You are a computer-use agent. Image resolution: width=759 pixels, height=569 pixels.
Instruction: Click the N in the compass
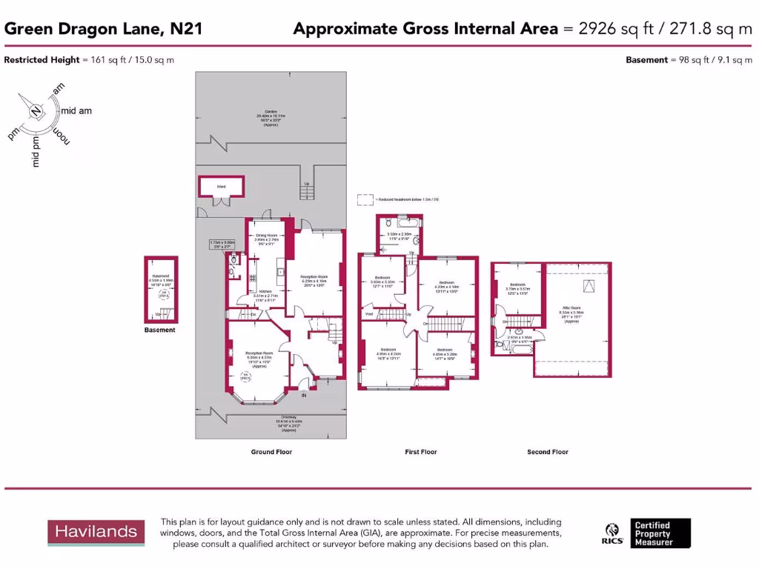coord(36,112)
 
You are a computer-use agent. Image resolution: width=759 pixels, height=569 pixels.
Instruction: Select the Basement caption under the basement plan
coord(160,330)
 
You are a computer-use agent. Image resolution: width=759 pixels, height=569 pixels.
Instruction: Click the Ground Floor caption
coord(272,452)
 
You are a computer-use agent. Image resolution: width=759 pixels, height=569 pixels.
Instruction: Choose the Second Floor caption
coord(548,452)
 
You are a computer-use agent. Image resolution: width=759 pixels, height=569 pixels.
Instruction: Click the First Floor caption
coord(421,452)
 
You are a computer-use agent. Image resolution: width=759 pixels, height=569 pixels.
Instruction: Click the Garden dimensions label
coord(271,118)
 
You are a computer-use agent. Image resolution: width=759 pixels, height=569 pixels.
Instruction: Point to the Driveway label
coord(271,422)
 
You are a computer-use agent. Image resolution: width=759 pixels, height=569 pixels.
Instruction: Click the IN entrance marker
coord(303,395)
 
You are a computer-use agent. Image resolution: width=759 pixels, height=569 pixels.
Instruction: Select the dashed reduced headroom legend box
coord(365,199)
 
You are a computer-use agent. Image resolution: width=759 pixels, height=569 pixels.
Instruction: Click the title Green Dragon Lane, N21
coord(104,29)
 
